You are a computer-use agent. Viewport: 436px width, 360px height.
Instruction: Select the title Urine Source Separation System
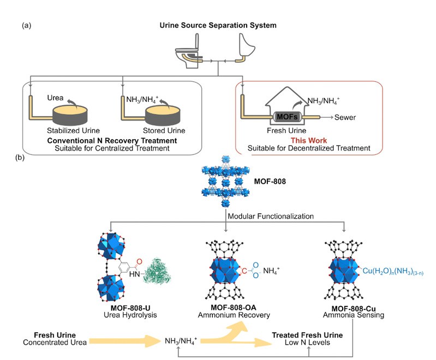point(218,26)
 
